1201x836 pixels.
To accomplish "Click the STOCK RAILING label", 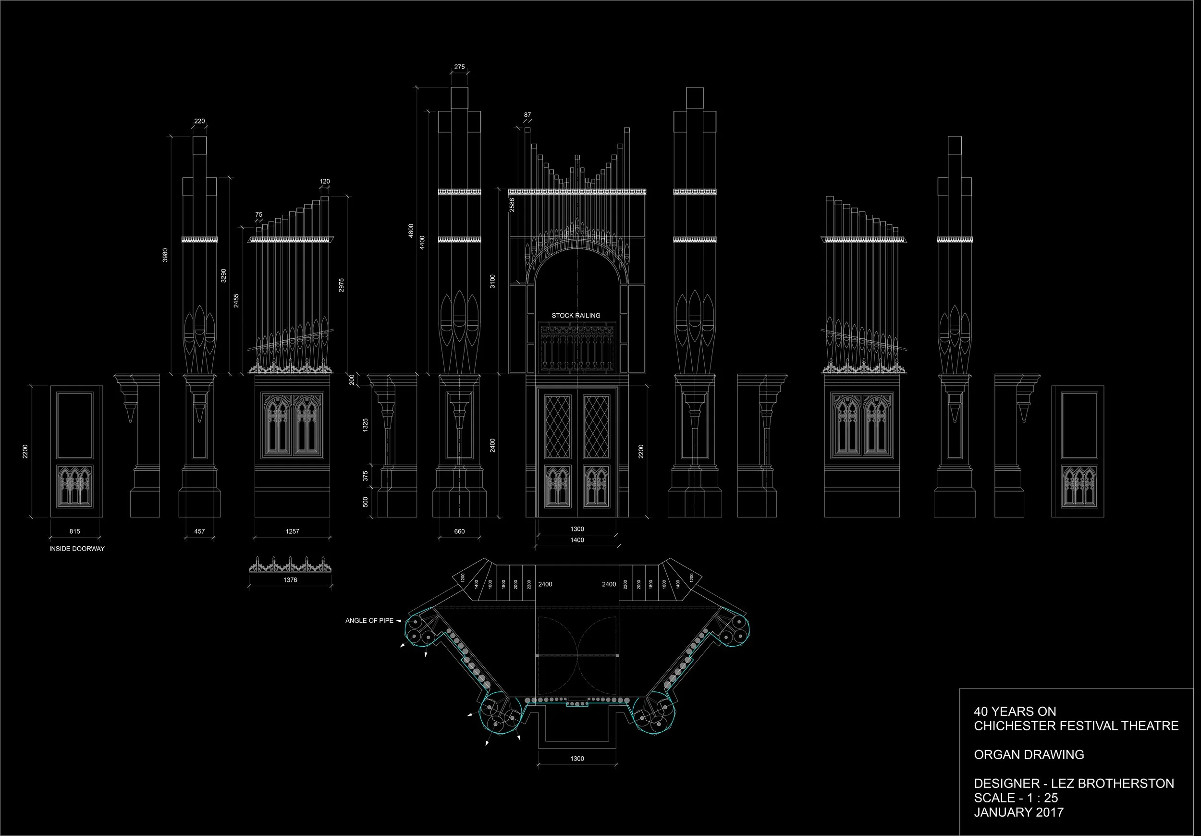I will coord(576,316).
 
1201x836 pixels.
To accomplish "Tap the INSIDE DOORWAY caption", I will coord(77,549).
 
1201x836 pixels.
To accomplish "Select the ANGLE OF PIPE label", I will coord(369,620).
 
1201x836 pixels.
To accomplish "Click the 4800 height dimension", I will coord(411,231).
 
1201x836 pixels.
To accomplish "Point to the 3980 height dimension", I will coord(165,255).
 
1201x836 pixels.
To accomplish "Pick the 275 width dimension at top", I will coord(459,67).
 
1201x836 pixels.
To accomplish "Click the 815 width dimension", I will coord(75,531).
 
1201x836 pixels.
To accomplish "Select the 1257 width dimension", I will coord(293,531).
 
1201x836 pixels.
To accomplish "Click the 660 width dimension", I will coord(459,531).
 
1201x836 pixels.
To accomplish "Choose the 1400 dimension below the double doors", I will coord(577,540).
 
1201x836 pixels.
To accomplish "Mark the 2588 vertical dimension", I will coord(512,205).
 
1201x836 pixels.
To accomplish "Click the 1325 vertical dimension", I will coord(366,425).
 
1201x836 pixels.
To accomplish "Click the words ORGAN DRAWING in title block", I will coord(1029,754).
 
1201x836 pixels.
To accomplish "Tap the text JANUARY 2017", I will coord(1018,812).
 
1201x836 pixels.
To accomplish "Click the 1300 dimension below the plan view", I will coord(577,759).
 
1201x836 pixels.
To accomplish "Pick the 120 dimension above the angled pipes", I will coord(325,182).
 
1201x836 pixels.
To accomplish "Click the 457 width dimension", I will coord(199,531).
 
